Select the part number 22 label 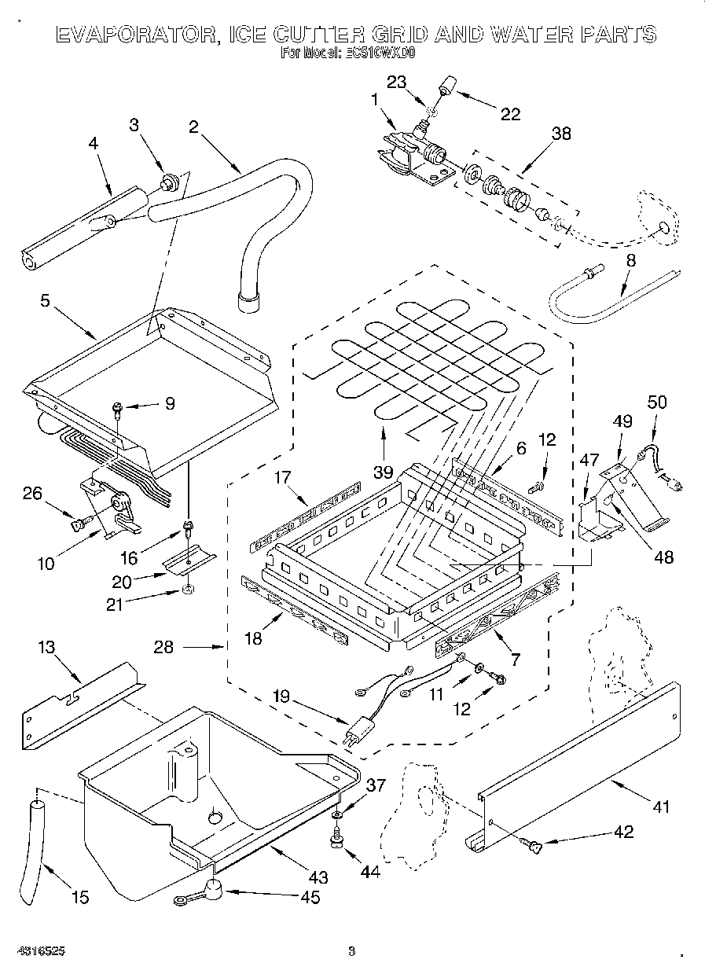coord(510,115)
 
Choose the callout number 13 coord(47,647)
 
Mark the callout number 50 coord(656,402)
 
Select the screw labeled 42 coord(533,846)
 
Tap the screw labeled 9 coord(117,408)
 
